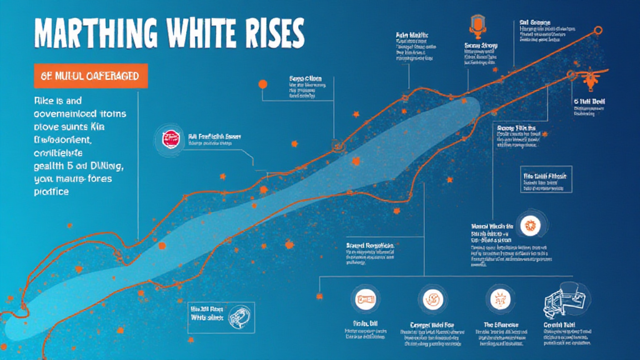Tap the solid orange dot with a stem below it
262,84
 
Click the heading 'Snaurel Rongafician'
371,246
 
